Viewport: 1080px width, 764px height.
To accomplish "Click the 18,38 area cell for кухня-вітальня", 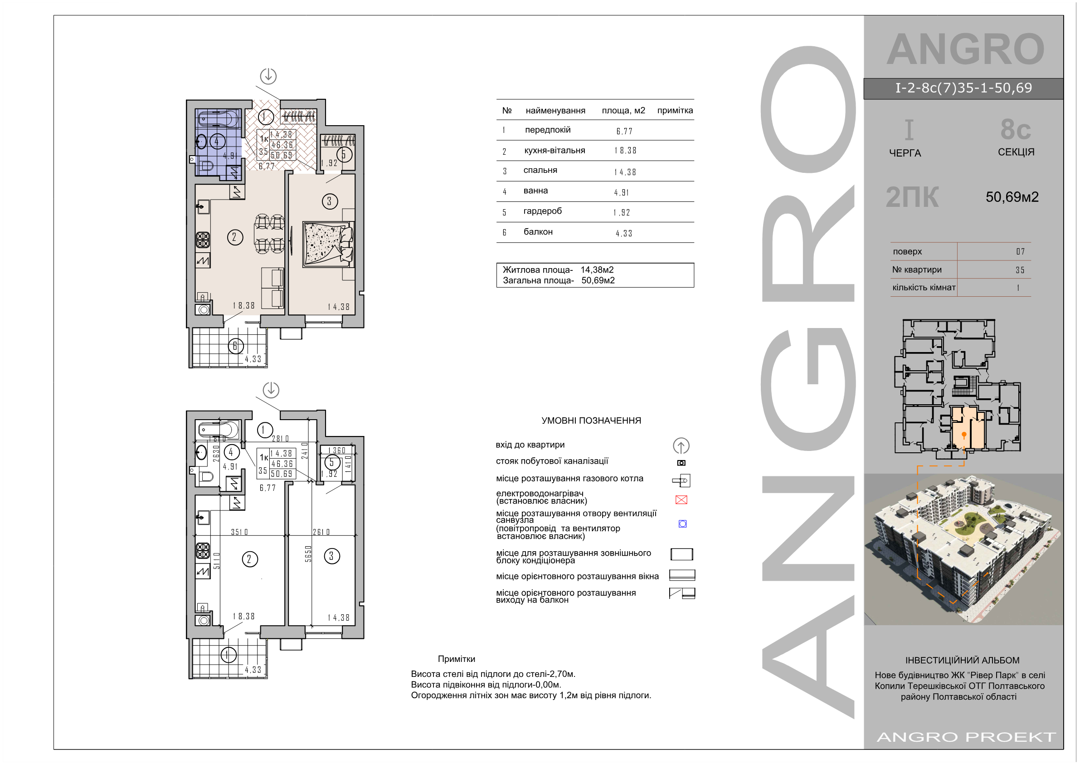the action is pyautogui.click(x=625, y=151).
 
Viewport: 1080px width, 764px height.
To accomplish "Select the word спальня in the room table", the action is pyautogui.click(x=540, y=171).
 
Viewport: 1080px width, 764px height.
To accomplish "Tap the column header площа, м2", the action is pyautogui.click(x=623, y=111).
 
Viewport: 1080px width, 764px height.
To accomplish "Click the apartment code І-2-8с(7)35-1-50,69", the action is pyautogui.click(x=963, y=88).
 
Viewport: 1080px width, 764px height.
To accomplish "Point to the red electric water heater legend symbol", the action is pyautogui.click(x=681, y=500).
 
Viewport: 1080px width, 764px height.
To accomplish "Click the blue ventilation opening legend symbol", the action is pyautogui.click(x=682, y=524).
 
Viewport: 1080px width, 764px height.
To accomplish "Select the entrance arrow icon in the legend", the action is pyautogui.click(x=681, y=446).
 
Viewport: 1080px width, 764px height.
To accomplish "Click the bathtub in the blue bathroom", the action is pyautogui.click(x=218, y=118).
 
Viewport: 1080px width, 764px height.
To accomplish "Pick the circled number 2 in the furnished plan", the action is pyautogui.click(x=235, y=237).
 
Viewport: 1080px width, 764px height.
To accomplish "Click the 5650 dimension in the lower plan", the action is pyautogui.click(x=308, y=553).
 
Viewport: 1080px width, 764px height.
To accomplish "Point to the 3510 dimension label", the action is pyautogui.click(x=239, y=532).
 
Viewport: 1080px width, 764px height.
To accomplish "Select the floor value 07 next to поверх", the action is pyautogui.click(x=1020, y=251).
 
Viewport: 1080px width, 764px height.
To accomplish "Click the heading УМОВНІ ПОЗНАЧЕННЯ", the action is pyautogui.click(x=591, y=421).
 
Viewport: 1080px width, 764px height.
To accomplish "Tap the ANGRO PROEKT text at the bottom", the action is pyautogui.click(x=966, y=737).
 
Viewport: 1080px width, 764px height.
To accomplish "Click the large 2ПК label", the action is pyautogui.click(x=912, y=197).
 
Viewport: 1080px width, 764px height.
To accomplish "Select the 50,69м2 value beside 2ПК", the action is pyautogui.click(x=1012, y=197).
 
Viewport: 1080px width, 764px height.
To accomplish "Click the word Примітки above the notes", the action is pyautogui.click(x=456, y=659).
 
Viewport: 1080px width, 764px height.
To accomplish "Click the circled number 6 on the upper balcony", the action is pyautogui.click(x=236, y=347).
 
